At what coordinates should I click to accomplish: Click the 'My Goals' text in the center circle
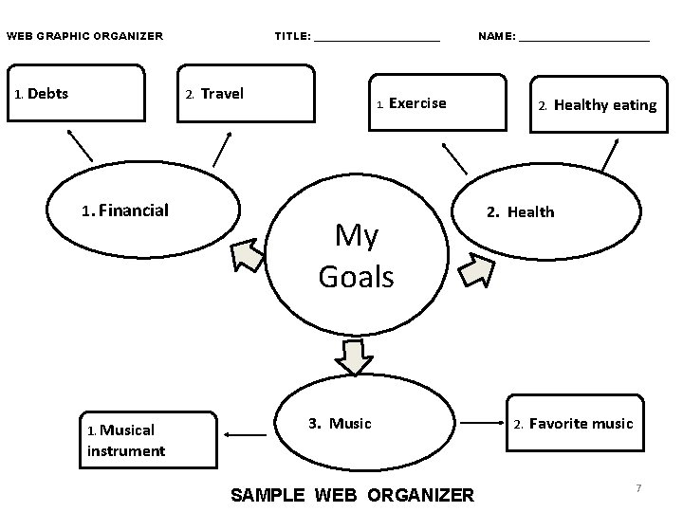coord(357,256)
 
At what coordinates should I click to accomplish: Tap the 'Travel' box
coord(247,94)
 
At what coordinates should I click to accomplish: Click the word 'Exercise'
coord(416,103)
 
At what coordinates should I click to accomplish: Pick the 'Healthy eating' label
coord(604,105)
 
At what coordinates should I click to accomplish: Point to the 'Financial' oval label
coord(133,210)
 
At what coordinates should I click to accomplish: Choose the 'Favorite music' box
coord(580,424)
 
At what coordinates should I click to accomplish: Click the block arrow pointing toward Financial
coord(248,255)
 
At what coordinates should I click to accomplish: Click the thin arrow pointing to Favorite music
coord(484,423)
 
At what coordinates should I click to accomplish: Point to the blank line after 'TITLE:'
coord(377,38)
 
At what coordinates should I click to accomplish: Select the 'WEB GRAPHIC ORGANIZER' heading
coord(85,37)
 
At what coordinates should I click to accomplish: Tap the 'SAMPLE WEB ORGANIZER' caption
coord(352,495)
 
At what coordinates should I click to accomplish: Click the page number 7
coord(638,488)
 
